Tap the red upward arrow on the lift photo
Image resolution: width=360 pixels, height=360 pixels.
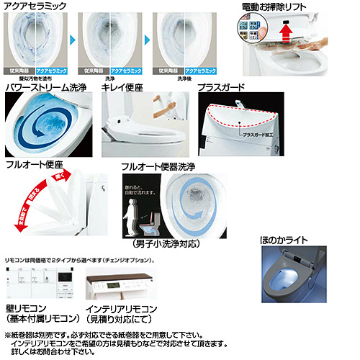pos(285,32)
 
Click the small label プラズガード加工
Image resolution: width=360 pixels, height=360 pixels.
pos(258,135)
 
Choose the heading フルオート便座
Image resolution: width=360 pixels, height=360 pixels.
pos(34,165)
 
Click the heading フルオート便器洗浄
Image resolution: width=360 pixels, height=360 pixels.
pos(160,165)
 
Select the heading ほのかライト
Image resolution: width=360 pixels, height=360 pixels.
pos(287,238)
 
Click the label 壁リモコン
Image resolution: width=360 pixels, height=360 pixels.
pos(26,307)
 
